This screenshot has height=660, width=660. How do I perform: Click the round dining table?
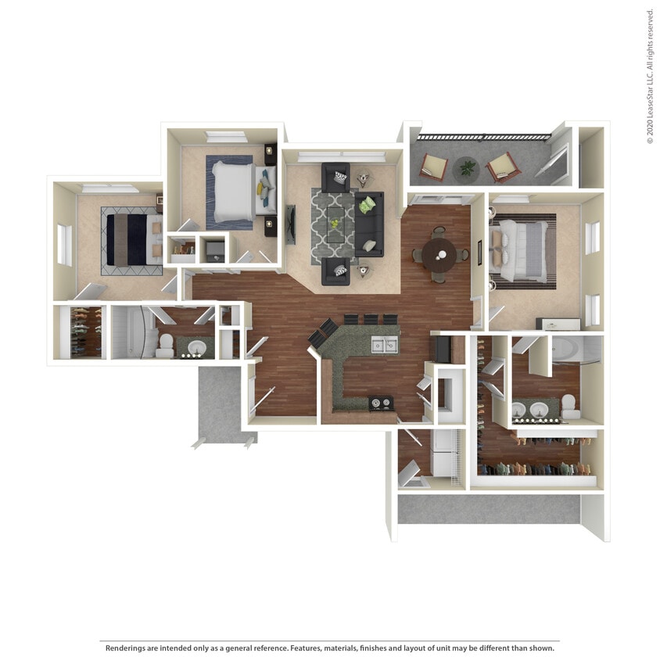(x=439, y=253)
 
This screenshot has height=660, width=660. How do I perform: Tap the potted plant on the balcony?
(x=468, y=167)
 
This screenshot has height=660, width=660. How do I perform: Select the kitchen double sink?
(x=385, y=345)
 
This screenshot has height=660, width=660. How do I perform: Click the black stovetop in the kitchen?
(x=381, y=404)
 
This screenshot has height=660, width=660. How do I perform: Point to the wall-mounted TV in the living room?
(x=291, y=225)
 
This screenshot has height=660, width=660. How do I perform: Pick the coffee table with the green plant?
(x=335, y=225)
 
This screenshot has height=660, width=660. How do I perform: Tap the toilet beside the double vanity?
(x=569, y=404)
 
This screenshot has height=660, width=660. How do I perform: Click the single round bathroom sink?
(x=195, y=346)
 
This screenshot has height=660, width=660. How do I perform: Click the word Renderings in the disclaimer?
(x=128, y=647)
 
